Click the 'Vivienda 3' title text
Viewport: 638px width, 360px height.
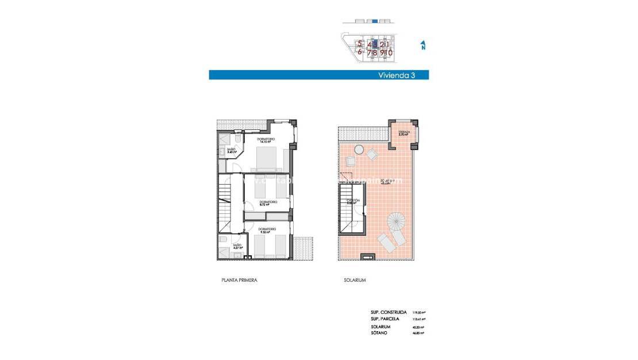pyautogui.click(x=397, y=75)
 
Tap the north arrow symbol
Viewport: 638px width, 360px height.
pyautogui.click(x=423, y=45)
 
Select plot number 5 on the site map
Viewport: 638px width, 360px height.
pyautogui.click(x=360, y=43)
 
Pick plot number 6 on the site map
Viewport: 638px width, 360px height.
pyautogui.click(x=360, y=52)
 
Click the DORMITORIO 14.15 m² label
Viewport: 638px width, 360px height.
pyautogui.click(x=266, y=141)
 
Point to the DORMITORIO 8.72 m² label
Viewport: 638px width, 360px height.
pyautogui.click(x=268, y=203)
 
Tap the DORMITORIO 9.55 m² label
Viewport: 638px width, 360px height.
pyautogui.click(x=265, y=232)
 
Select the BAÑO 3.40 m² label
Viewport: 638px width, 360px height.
pyautogui.click(x=231, y=151)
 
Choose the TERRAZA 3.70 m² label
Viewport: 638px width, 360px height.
pyautogui.click(x=404, y=133)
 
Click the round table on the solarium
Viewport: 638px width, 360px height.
pyautogui.click(x=359, y=150)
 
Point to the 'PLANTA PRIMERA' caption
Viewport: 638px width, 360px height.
pyautogui.click(x=239, y=280)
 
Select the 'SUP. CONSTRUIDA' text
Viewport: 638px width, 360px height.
pyautogui.click(x=389, y=312)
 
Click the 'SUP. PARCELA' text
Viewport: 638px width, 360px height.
pyautogui.click(x=386, y=319)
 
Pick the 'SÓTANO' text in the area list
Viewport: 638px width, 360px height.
pyautogui.click(x=379, y=333)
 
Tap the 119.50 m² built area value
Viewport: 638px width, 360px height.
pyautogui.click(x=418, y=312)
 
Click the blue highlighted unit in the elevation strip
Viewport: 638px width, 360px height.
pyautogui.click(x=375, y=21)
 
